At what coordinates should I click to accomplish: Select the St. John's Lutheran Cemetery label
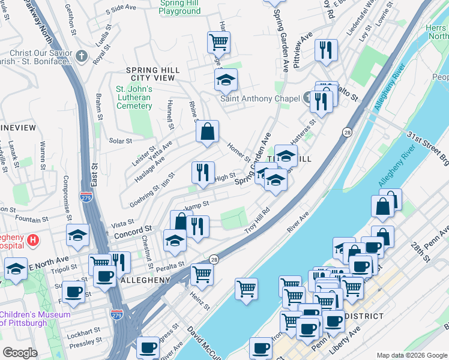[x=134, y=98]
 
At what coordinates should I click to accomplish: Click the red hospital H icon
[x=34, y=241]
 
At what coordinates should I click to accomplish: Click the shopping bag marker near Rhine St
[x=207, y=133]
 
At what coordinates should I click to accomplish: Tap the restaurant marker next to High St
[x=203, y=173]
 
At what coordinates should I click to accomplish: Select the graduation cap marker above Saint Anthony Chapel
[x=226, y=80]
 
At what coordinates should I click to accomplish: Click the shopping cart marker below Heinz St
[x=246, y=289]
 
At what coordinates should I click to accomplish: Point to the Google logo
[x=20, y=353]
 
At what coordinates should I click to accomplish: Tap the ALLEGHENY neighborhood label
[x=145, y=280]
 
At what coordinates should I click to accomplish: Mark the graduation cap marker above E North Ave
[x=77, y=236]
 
